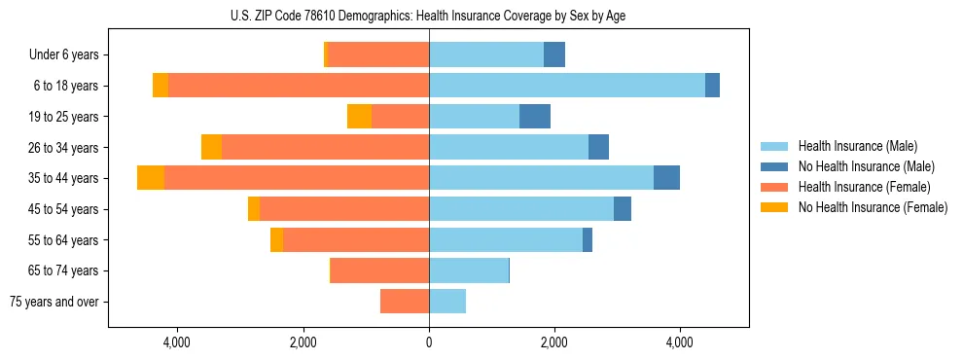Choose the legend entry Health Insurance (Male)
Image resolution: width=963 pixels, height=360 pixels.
857,146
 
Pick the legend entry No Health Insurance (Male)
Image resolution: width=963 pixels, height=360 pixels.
866,166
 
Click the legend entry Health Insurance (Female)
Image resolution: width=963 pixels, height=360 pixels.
864,187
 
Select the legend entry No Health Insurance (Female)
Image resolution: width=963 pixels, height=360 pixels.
872,207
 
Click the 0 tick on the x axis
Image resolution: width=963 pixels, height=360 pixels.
429,343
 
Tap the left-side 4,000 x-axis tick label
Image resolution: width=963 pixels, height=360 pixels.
177,343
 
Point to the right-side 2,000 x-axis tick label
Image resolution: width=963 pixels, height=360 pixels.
554,343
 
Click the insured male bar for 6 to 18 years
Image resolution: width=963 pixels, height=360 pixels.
566,86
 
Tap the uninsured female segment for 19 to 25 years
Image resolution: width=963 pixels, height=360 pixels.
359,117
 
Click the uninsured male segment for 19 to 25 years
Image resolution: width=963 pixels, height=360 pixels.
535,117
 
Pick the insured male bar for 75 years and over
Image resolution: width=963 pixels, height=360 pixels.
447,302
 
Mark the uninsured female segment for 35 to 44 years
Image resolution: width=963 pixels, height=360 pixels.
151,178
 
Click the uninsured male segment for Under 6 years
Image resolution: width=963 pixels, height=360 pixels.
554,55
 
